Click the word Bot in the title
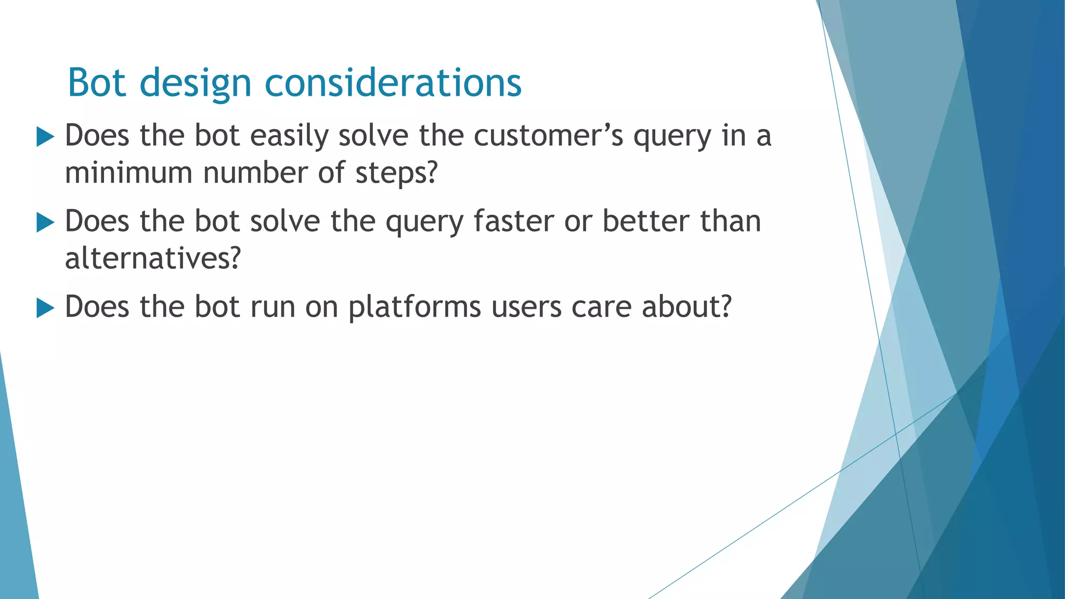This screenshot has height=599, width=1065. tap(97, 83)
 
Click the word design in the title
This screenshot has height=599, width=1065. tap(196, 83)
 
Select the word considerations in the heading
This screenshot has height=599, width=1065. tap(393, 83)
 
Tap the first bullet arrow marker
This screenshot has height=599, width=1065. tap(46, 138)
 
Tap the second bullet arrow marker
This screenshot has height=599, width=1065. tap(46, 223)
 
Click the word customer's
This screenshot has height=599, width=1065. tap(548, 136)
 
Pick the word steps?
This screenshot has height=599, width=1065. tap(397, 173)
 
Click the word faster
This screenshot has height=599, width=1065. tap(514, 222)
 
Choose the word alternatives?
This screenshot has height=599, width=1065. tap(153, 258)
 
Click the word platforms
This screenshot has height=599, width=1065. tap(414, 307)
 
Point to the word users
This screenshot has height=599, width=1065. tap(526, 307)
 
